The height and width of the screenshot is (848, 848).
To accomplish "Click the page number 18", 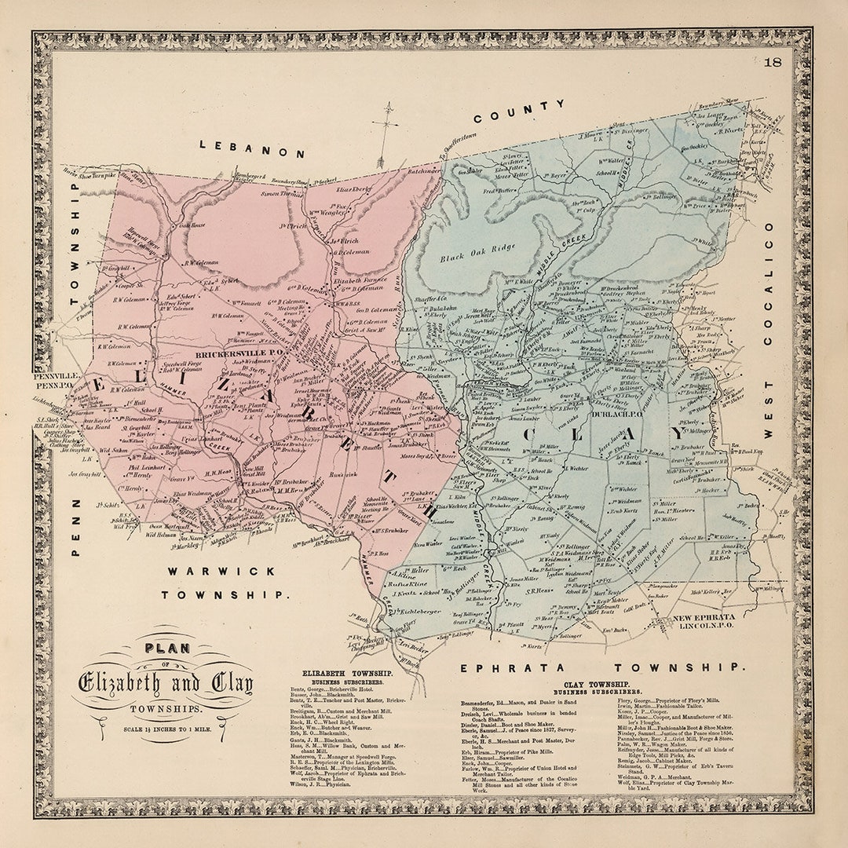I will [773, 62].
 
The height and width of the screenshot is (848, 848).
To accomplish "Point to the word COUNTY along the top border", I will [519, 111].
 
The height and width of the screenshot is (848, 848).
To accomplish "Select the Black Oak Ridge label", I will [477, 254].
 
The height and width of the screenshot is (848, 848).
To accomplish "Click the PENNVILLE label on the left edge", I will [53, 377].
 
